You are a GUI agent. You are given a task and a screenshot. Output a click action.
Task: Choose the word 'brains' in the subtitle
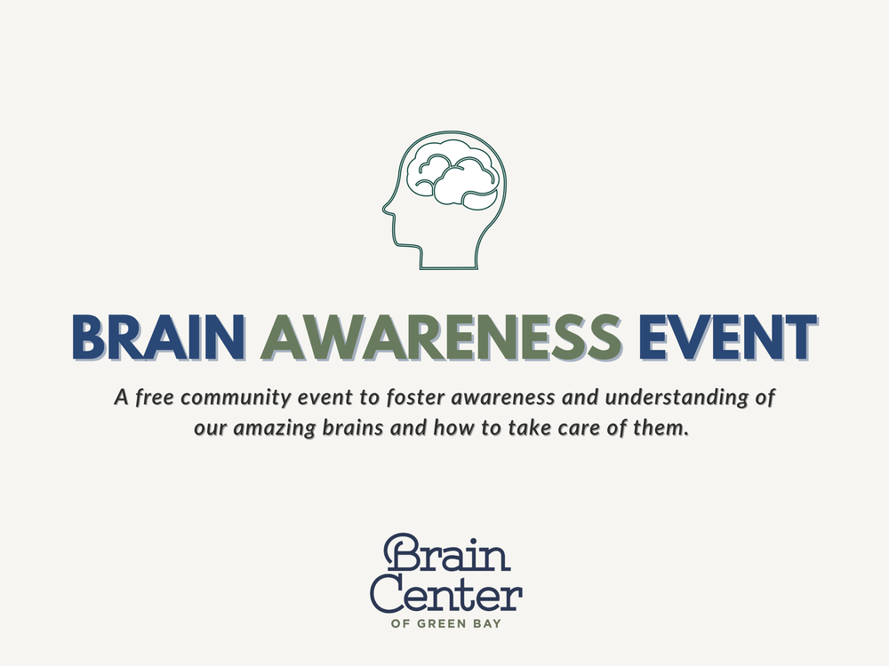pyautogui.click(x=347, y=427)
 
